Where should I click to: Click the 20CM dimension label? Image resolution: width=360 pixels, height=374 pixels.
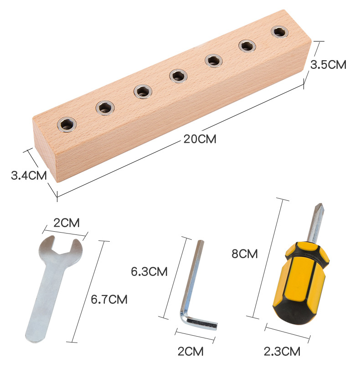(x=200, y=139)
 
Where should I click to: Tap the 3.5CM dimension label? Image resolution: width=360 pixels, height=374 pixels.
(x=328, y=65)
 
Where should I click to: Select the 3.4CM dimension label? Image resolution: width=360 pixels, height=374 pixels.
(x=29, y=176)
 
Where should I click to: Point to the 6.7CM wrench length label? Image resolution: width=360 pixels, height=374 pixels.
(x=109, y=299)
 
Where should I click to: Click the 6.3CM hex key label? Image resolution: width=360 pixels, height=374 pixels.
(x=149, y=271)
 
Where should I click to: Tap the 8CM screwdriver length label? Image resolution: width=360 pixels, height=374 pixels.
(x=245, y=253)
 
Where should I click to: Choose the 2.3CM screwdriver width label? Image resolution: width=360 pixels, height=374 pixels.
(x=282, y=351)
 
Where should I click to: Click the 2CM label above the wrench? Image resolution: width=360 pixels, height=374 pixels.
(x=66, y=223)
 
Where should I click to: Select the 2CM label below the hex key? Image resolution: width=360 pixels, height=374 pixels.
(x=190, y=351)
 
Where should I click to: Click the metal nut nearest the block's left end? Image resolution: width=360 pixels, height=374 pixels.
(x=67, y=124)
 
